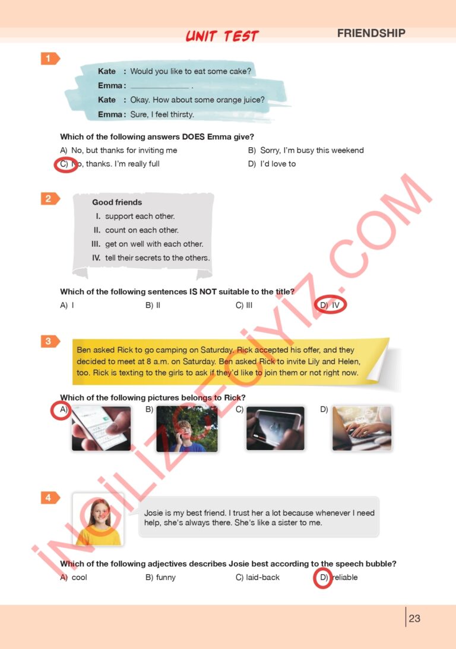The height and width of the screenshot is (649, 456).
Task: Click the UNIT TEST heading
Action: (x=222, y=36)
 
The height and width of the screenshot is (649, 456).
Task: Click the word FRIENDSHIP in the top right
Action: (x=371, y=33)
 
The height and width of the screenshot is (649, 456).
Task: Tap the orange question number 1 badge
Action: (x=50, y=58)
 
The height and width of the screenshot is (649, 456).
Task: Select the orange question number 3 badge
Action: (x=50, y=341)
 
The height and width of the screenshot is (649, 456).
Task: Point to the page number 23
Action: (x=414, y=618)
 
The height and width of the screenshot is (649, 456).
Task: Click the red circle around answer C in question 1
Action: (x=65, y=164)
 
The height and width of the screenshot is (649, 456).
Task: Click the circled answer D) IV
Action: (x=330, y=305)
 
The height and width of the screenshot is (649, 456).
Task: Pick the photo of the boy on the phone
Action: (x=186, y=428)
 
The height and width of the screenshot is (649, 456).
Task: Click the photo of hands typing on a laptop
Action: (x=362, y=428)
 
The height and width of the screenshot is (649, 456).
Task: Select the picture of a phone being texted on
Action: (x=101, y=428)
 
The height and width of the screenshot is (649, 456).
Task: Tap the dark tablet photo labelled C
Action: (x=275, y=428)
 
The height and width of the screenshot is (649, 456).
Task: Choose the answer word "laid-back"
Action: (x=262, y=577)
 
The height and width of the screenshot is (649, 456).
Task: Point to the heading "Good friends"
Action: (x=117, y=202)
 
